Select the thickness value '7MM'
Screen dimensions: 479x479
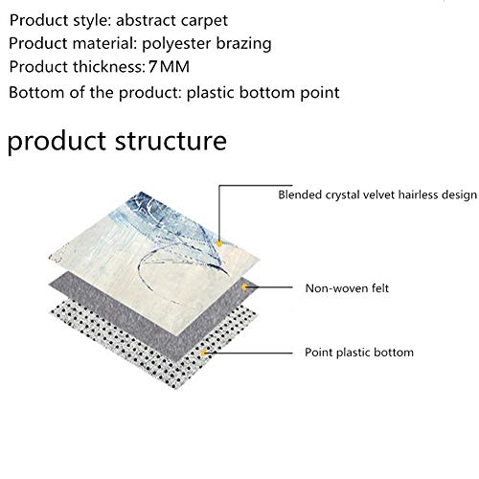169,67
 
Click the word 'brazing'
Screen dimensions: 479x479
243,44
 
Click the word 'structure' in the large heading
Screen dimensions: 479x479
171,141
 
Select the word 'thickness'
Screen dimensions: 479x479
109,67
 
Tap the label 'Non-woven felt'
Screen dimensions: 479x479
347,288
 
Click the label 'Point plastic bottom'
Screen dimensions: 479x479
359,353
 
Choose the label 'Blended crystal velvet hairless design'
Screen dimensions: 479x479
377,194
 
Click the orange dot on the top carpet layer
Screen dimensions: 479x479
219,243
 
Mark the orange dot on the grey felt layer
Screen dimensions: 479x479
244,287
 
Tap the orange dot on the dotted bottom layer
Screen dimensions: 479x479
203,353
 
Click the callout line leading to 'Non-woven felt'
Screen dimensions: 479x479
268,287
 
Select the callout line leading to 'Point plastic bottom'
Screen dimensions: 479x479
248,353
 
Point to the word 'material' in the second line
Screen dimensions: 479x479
105,43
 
